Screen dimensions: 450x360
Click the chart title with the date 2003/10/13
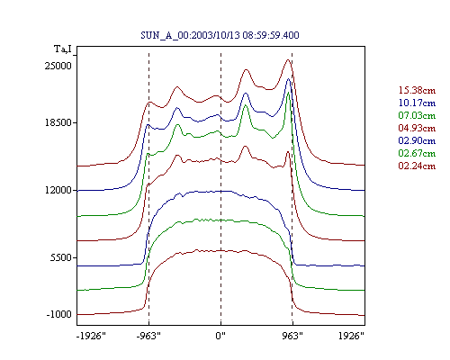point(220,35)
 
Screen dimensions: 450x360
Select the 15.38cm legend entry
point(417,90)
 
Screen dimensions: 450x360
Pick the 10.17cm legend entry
point(417,103)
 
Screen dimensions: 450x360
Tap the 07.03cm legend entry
point(417,115)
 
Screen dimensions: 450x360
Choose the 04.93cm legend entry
point(417,128)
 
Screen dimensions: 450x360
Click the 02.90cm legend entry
point(417,140)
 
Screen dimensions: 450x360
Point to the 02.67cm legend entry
point(417,153)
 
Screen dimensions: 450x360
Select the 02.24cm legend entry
point(417,166)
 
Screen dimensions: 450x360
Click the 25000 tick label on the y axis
point(58,66)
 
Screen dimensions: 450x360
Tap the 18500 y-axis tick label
point(58,122)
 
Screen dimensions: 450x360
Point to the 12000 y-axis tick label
point(58,190)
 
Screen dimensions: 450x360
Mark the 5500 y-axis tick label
point(61,257)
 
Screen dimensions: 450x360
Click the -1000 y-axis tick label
point(59,314)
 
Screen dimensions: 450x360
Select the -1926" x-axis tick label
point(91,336)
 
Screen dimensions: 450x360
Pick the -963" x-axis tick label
point(148,336)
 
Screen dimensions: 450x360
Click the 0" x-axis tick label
point(220,336)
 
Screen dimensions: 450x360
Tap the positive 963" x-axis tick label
point(292,336)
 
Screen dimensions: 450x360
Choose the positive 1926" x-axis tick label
point(351,336)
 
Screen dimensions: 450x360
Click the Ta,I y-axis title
point(63,49)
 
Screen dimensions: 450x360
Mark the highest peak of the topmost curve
point(288,59)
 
